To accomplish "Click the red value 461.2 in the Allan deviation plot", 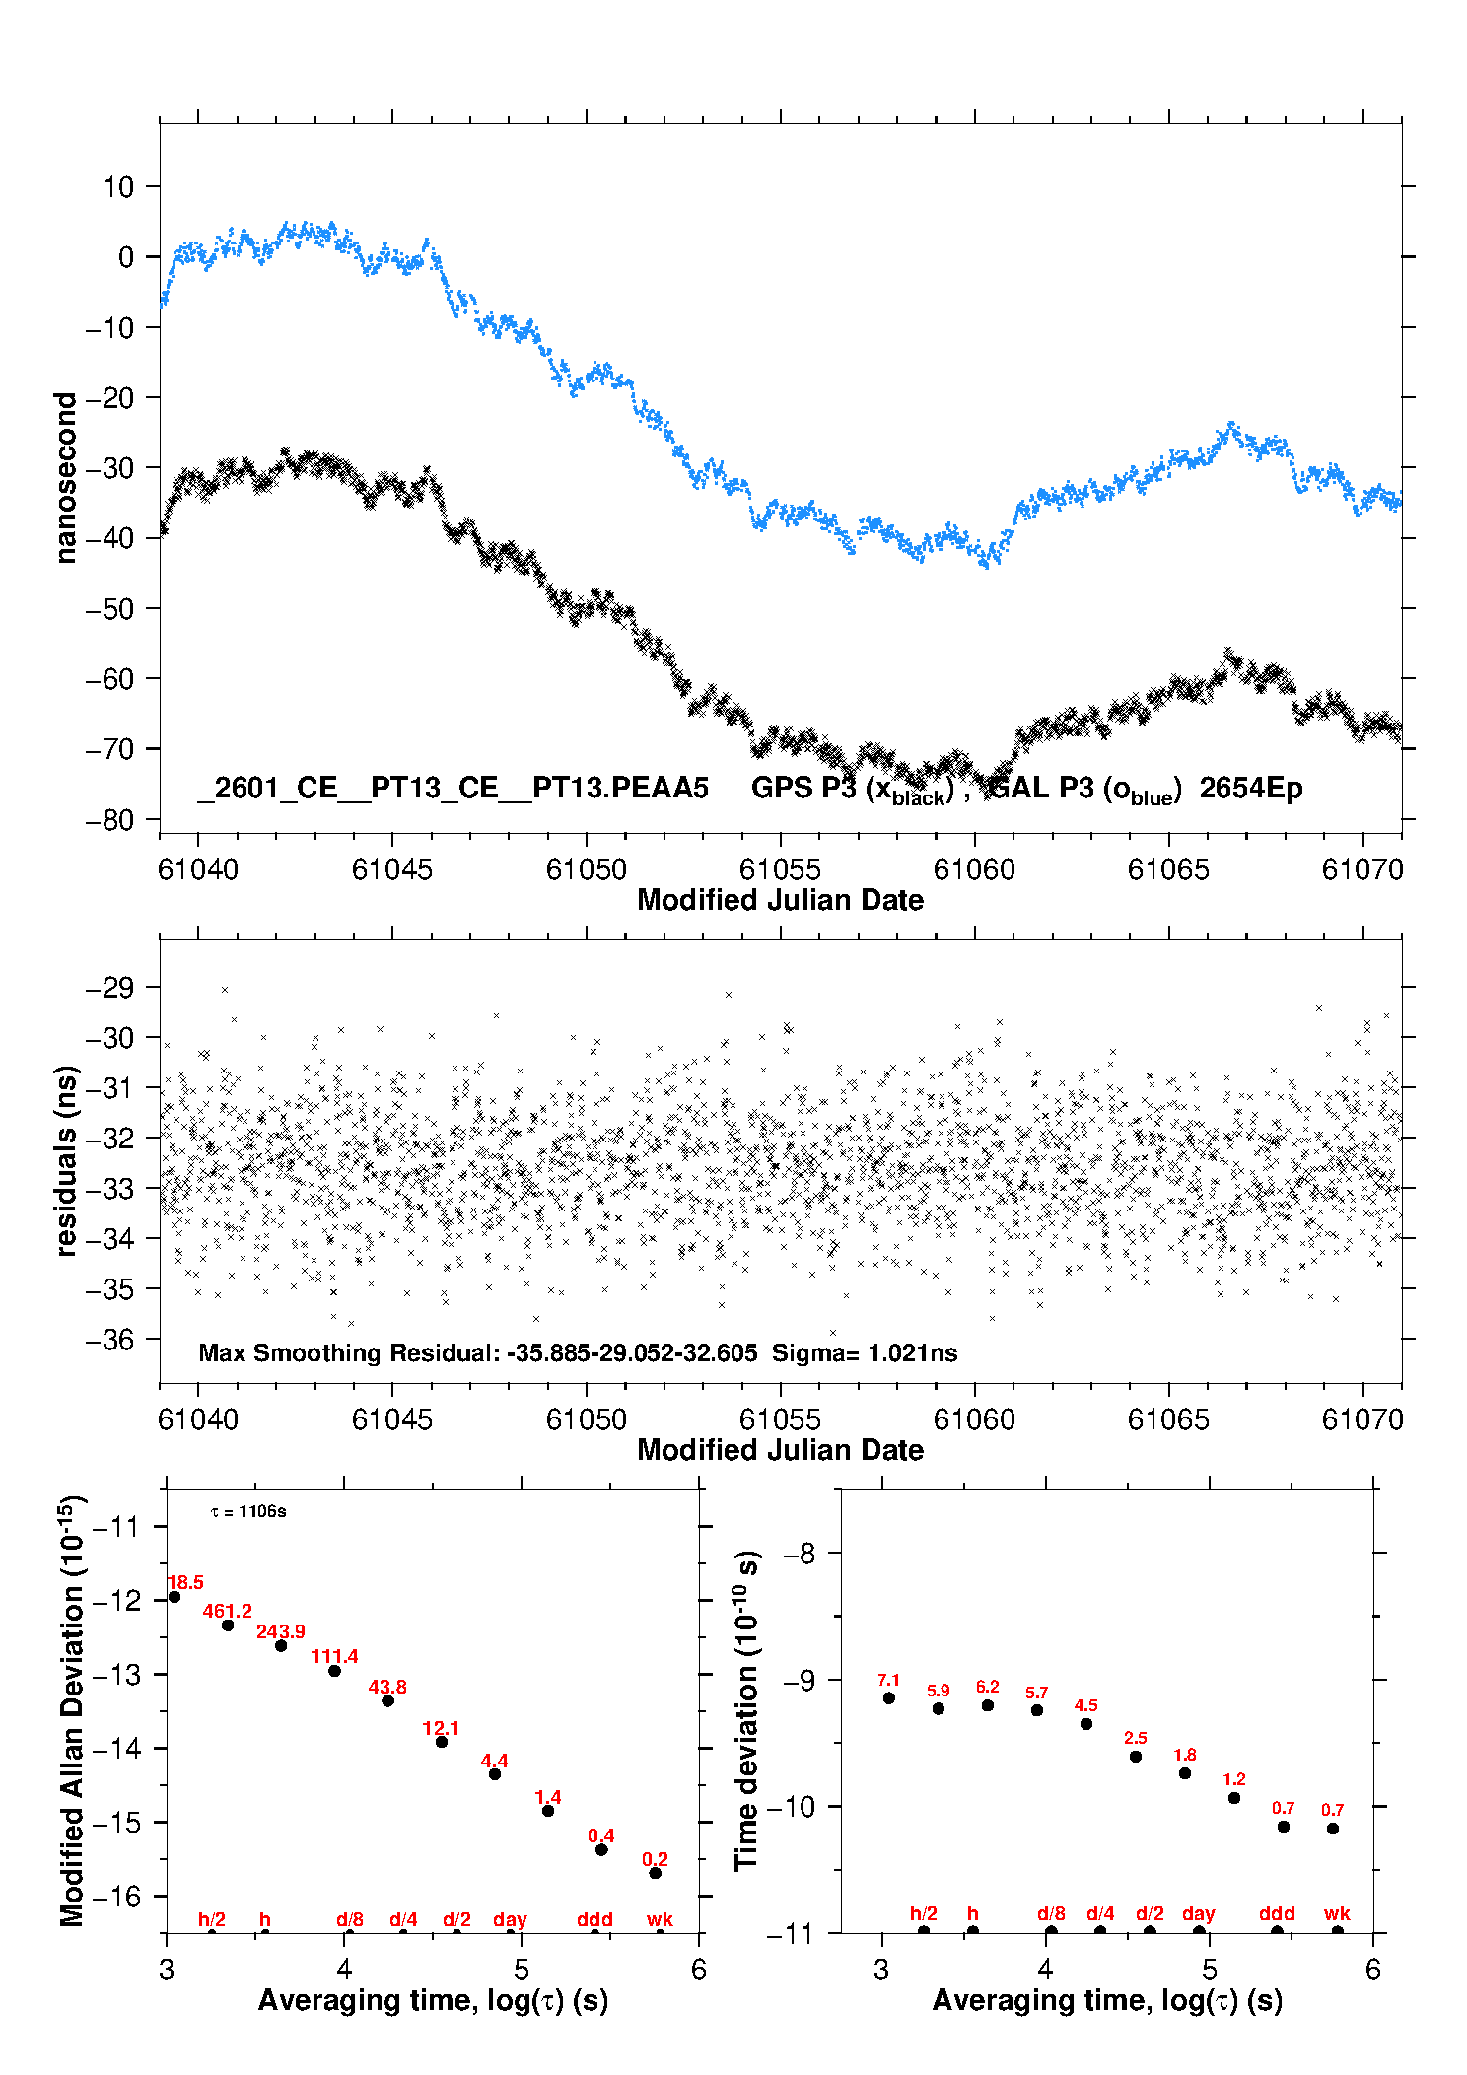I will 227,1611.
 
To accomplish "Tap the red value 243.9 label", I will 280,1631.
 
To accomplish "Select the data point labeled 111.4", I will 334,1670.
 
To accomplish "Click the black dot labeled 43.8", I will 387,1700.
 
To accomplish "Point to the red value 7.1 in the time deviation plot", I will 888,1680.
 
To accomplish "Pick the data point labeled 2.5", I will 1135,1756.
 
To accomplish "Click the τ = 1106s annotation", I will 248,1511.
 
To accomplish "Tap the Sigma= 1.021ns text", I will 864,1352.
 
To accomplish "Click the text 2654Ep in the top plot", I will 1250,788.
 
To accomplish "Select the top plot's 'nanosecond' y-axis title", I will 65,477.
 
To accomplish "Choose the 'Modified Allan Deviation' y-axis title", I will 72,1710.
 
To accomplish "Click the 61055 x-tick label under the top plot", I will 780,869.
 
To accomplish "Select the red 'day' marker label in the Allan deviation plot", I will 510,1919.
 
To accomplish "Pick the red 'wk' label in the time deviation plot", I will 1337,1913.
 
